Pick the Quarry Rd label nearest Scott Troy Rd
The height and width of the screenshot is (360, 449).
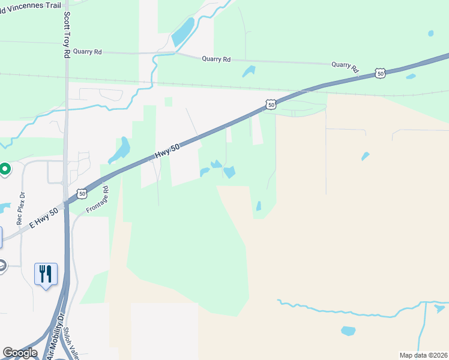pos(88,52)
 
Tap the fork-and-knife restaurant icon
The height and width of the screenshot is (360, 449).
pos(46,274)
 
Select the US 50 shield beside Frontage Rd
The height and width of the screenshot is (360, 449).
pos(82,194)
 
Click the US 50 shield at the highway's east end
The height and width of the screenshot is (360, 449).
pos(380,73)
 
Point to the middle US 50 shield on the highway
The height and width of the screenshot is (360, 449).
pos(271,104)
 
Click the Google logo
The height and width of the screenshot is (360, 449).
pos(20,352)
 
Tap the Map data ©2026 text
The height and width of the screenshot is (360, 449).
pos(423,355)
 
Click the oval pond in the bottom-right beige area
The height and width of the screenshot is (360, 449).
pos(348,331)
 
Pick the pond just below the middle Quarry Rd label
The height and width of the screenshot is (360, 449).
pos(249,71)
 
